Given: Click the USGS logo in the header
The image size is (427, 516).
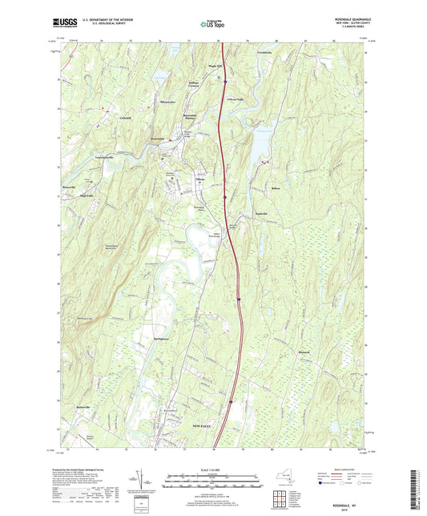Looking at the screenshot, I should coord(63,24).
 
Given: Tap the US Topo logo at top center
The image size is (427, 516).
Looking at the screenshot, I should coord(210,25).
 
